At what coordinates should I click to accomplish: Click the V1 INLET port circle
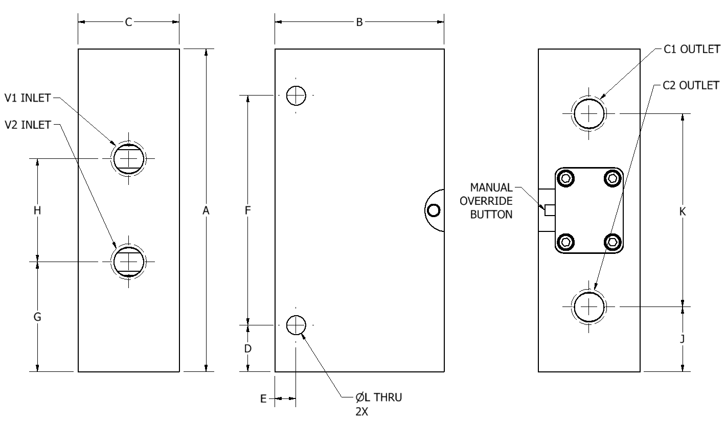129,158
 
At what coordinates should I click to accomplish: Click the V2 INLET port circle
129,261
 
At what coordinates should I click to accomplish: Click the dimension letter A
206,210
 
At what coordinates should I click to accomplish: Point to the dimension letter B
359,22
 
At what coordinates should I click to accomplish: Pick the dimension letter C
129,22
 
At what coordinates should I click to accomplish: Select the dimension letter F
248,210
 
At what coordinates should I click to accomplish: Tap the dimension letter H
37,210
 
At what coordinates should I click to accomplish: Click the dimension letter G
37,317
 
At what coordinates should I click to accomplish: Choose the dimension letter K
683,211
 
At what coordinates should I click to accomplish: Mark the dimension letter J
683,338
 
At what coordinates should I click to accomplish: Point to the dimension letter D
248,349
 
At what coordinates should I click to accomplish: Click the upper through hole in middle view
296,95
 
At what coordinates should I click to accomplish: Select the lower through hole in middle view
296,325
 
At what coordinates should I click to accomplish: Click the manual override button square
550,210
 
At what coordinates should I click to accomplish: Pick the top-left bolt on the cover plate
565,178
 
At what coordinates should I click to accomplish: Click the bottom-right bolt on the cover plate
612,241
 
